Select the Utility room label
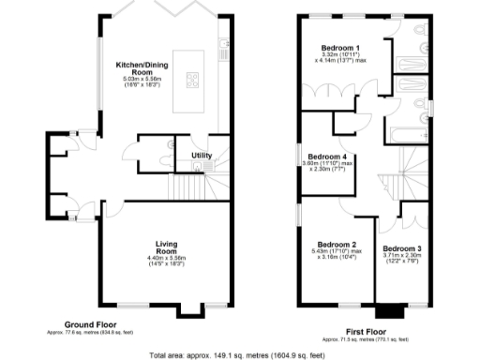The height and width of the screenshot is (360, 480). (x=202, y=155)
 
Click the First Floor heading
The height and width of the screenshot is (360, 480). (x=368, y=331)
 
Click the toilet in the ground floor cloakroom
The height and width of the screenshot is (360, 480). (x=170, y=146)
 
